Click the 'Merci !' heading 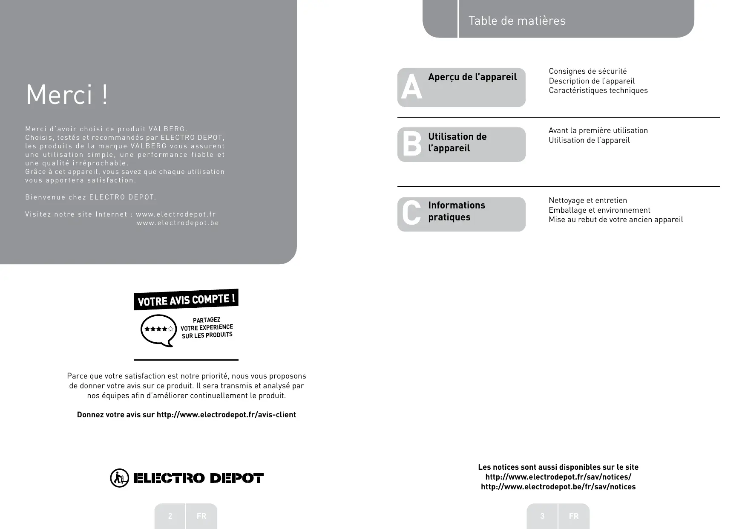(x=67, y=95)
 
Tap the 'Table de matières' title (x=517, y=20)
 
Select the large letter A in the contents (x=411, y=87)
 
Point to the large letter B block (x=411, y=143)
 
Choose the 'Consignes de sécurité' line (x=587, y=71)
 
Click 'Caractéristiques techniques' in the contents (x=598, y=90)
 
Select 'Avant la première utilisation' (x=598, y=130)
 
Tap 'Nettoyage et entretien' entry (x=587, y=200)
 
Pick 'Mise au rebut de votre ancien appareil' (x=616, y=220)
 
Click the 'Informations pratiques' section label (x=456, y=211)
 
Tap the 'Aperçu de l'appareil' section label (x=472, y=77)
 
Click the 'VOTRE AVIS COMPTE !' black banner (x=186, y=300)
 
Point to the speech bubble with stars (x=158, y=330)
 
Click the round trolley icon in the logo (x=119, y=478)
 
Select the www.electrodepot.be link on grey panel (x=178, y=223)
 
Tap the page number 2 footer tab (x=170, y=516)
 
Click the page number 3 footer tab (x=542, y=516)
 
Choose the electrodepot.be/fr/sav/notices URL (x=558, y=487)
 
